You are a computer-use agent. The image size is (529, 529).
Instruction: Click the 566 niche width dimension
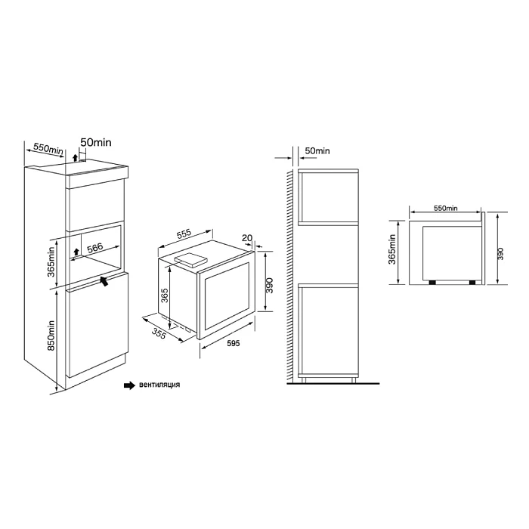pos(94,248)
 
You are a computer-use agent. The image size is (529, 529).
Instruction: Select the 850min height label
pos(51,336)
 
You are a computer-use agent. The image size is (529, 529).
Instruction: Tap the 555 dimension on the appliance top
pos(184,234)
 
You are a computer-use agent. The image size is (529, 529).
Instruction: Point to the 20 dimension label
pos(247,238)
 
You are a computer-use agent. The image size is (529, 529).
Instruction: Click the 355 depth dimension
pos(159,333)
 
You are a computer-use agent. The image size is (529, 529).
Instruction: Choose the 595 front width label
pos(233,343)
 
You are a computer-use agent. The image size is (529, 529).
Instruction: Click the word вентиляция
pos(159,385)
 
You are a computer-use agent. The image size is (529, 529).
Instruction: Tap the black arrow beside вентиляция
pos(129,385)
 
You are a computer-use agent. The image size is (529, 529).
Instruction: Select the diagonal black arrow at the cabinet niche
pos(104,280)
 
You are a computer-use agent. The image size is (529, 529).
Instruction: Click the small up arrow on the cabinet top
pos(75,157)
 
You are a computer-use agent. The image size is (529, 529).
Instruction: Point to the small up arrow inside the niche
pos(76,252)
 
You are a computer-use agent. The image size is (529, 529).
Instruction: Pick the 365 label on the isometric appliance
pos(164,295)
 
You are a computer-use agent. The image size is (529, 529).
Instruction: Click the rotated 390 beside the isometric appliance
pos(269,286)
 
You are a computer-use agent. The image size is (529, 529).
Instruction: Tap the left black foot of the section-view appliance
pos(432,283)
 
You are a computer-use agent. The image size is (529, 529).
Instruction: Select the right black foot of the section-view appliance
pos(472,283)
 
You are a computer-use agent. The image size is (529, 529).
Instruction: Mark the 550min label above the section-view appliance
pos(446,208)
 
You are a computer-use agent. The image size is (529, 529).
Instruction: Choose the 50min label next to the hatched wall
pos(317,151)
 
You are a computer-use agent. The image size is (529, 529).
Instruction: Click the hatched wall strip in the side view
pos(289,277)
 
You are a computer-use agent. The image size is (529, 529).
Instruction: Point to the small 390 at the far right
pos(500,254)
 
